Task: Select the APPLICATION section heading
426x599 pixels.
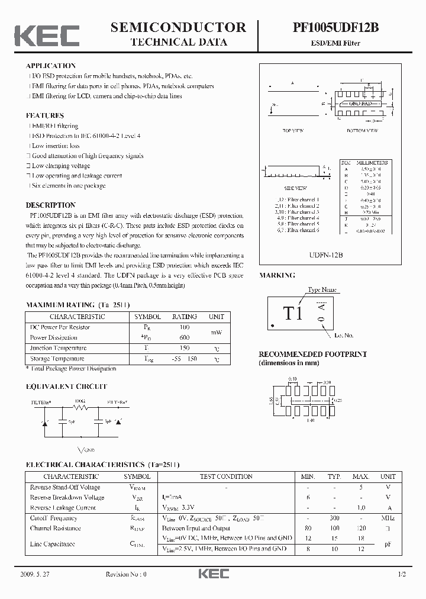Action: click(51, 66)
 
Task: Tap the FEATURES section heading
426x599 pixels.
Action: click(45, 115)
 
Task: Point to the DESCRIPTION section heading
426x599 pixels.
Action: click(50, 205)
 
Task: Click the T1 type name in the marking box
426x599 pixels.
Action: click(292, 314)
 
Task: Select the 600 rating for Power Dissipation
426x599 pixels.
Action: click(184, 337)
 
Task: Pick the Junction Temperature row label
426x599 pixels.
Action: click(58, 348)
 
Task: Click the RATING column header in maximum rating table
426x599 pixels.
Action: click(184, 317)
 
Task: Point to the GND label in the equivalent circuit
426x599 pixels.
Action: click(89, 450)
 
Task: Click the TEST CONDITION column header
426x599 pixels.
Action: click(226, 476)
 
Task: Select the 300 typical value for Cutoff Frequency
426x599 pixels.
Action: click(335, 518)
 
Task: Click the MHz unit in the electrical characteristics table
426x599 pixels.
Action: click(388, 518)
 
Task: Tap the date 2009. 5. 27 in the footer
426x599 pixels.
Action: click(37, 575)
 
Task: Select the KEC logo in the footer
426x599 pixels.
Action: click(213, 575)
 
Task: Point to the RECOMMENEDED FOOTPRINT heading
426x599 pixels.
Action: click(313, 354)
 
